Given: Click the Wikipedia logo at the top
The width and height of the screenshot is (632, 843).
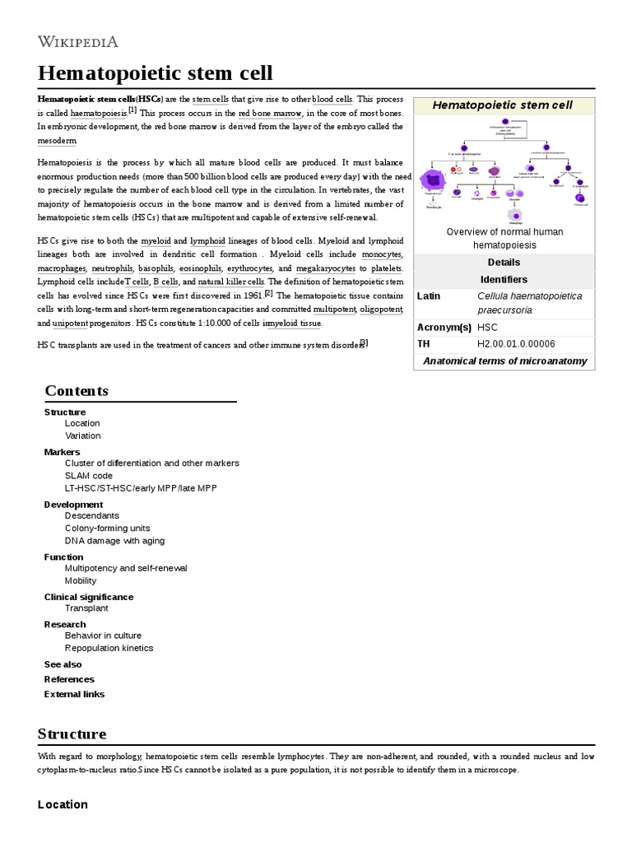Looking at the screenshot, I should coord(78,41).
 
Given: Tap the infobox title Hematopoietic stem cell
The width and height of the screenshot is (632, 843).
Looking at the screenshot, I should coord(503,105).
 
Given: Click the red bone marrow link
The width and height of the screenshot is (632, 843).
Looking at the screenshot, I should coord(271,113).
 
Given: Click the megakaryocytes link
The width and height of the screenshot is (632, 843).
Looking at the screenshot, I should coord(326,268).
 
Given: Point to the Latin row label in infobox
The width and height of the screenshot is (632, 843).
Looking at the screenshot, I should coord(429,296).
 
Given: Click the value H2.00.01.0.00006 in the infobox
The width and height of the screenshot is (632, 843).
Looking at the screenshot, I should coord(516,344).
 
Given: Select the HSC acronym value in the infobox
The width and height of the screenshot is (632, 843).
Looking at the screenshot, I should coord(488,328).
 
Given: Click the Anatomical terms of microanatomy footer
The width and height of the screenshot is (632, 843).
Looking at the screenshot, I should coord(504,361).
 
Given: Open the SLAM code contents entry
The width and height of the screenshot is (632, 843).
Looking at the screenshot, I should coord(89,476).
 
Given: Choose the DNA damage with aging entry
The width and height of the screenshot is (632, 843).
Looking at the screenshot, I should coord(114,541).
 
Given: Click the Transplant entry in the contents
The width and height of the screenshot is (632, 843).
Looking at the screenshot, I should coord(86,608).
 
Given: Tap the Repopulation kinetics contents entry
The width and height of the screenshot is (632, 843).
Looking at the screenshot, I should coord(109,648).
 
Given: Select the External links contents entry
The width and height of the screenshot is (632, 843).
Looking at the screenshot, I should coord(74,694).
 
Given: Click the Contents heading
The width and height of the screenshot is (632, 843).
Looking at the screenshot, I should coord(77,390).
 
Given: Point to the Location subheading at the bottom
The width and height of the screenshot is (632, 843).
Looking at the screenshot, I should coord(63,804).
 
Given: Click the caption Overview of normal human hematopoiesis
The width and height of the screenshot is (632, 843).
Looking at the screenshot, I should coord(504,239).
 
